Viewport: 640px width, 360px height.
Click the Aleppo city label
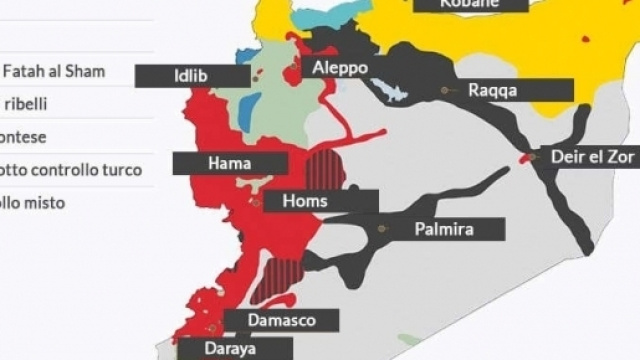coord(340,68)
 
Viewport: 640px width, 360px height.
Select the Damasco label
coord(283,320)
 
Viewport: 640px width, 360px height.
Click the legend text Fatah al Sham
coord(54,72)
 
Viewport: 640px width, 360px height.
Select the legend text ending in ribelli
coord(26,103)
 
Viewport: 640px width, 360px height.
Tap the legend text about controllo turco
coord(71,170)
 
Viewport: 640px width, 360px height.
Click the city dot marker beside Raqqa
coord(444,90)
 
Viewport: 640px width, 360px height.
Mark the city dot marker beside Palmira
coord(381,228)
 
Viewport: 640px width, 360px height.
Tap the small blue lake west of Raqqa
coord(391,92)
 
